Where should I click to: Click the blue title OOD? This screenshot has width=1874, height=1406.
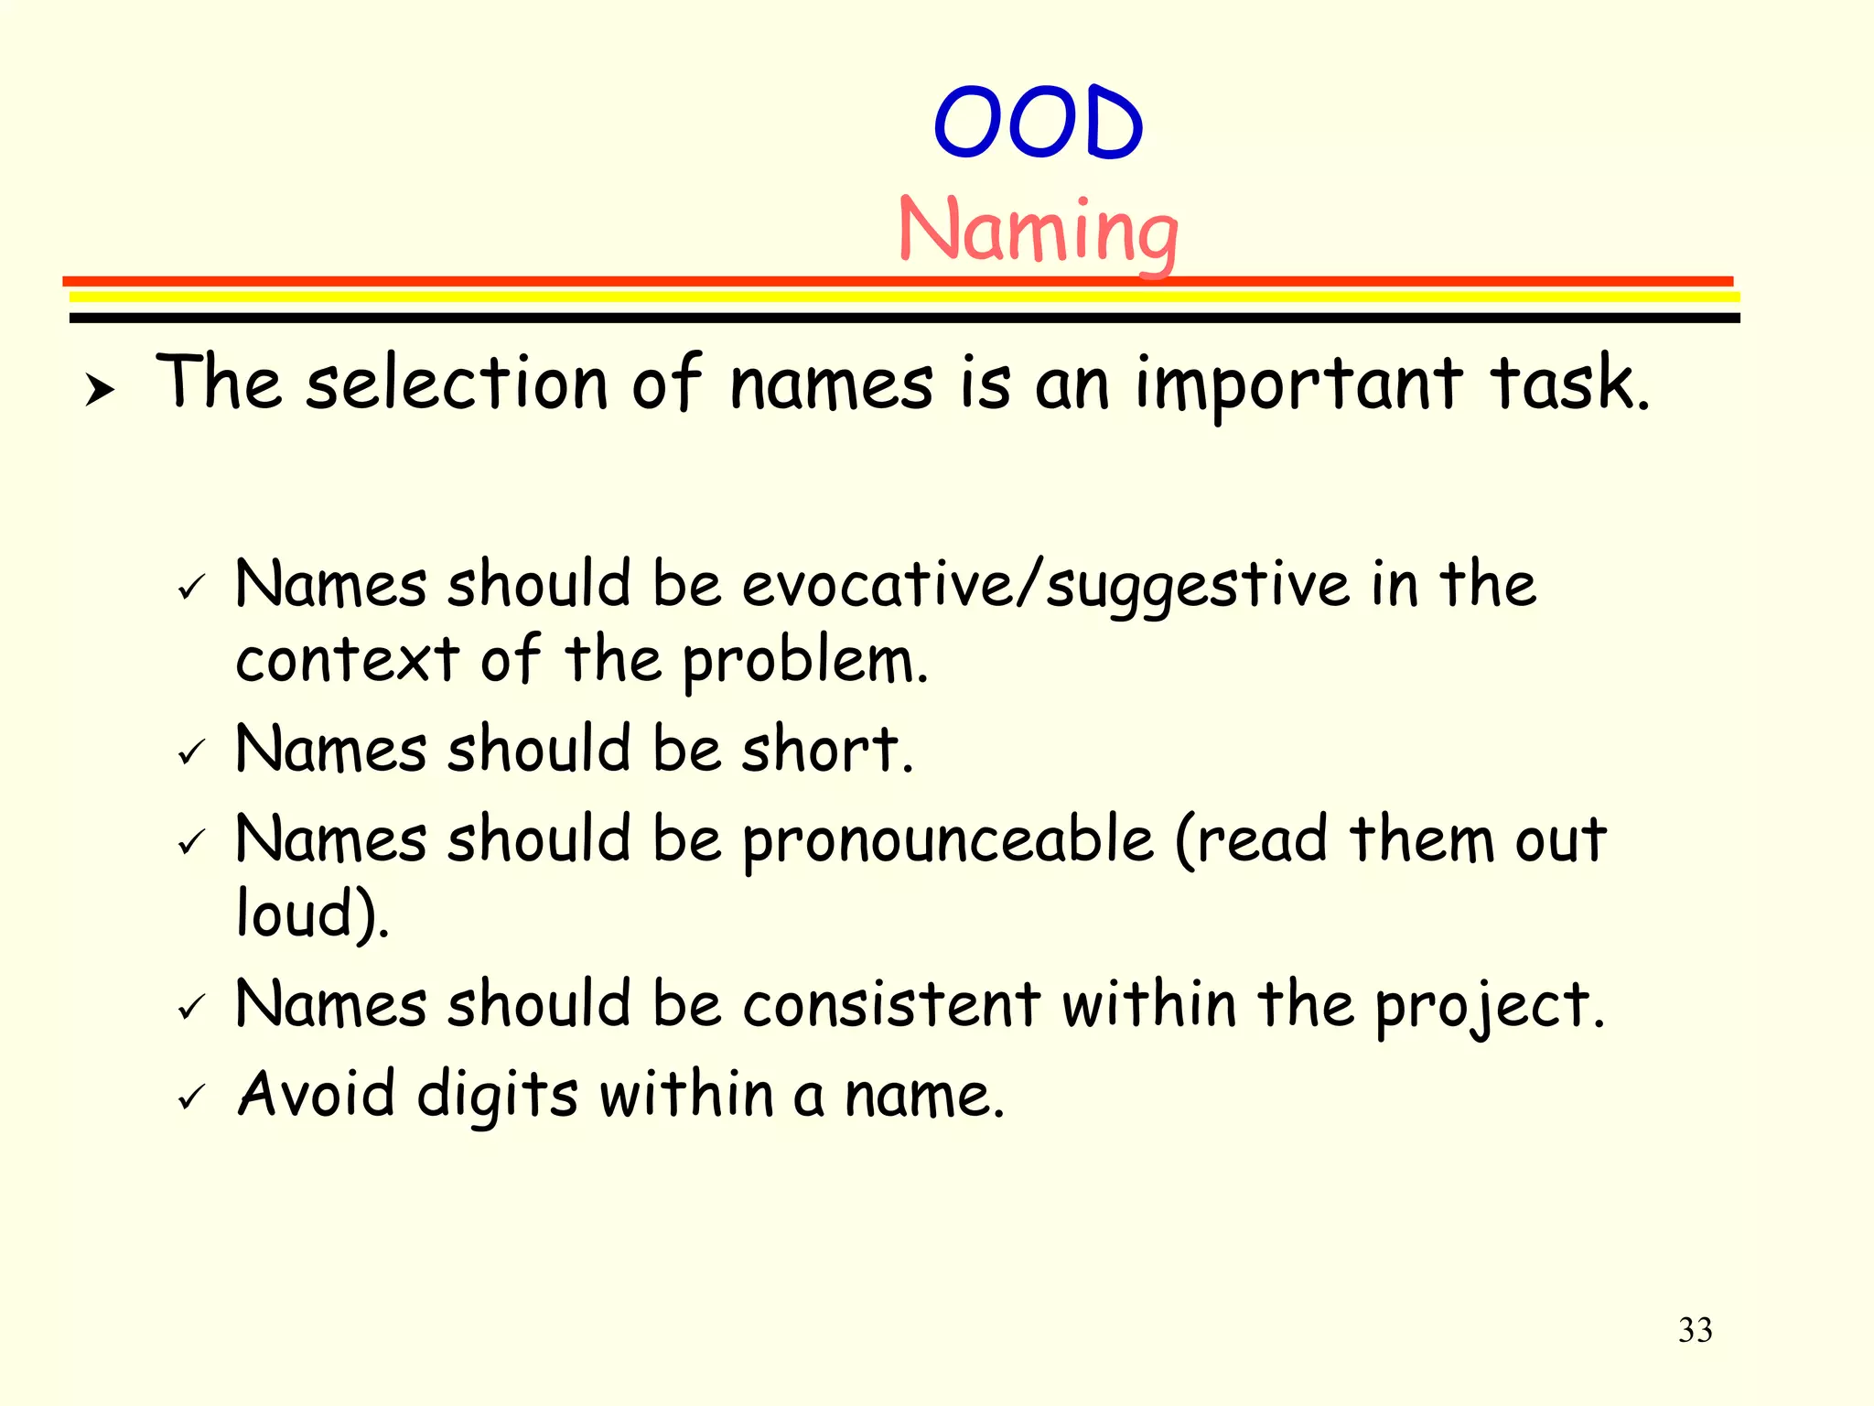pyautogui.click(x=1039, y=123)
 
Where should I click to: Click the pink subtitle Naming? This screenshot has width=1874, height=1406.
pyautogui.click(x=1039, y=231)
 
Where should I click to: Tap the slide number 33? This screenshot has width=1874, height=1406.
pyautogui.click(x=1695, y=1330)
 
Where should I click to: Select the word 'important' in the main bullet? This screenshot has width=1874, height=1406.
pyautogui.click(x=1298, y=384)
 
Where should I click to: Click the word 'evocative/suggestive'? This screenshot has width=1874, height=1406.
pyautogui.click(x=1045, y=586)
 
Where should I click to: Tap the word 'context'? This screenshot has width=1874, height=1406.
pyautogui.click(x=348, y=659)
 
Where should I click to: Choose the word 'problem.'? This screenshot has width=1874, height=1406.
pyautogui.click(x=805, y=661)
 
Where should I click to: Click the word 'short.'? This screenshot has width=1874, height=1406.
pyautogui.click(x=827, y=749)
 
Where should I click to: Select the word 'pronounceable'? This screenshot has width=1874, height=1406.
pyautogui.click(x=948, y=840)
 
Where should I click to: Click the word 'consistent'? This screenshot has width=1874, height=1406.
pyautogui.click(x=890, y=1004)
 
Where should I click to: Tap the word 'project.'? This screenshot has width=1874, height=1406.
pyautogui.click(x=1490, y=1007)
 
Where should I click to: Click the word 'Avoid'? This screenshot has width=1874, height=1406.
pyautogui.click(x=317, y=1094)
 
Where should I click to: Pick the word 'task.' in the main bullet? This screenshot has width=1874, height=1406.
pyautogui.click(x=1570, y=384)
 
